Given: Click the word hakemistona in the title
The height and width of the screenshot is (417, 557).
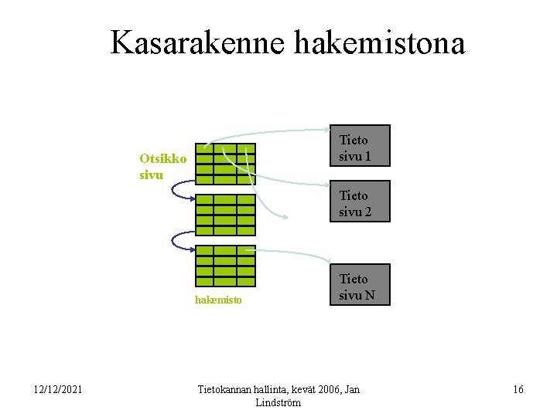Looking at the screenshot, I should (x=380, y=43).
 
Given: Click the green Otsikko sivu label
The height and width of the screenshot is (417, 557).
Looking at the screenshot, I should (x=162, y=166).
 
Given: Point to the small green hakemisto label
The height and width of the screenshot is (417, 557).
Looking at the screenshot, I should (x=218, y=300).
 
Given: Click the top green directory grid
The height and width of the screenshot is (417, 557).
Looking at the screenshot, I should (x=225, y=164).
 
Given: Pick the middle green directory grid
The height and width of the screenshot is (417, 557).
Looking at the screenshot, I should (x=225, y=214).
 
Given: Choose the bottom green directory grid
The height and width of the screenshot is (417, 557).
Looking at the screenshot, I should (x=225, y=266).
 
